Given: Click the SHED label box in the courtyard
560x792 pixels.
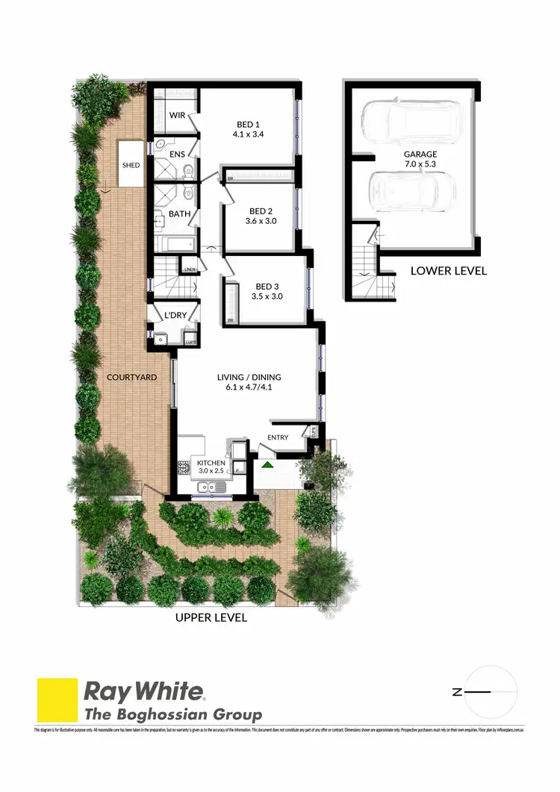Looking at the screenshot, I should [131, 165].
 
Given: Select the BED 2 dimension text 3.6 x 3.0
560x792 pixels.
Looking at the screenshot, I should [261, 221].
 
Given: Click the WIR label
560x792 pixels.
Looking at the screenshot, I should [177, 115].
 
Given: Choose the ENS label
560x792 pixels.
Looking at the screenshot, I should [177, 155].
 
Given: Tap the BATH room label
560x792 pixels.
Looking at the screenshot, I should [179, 214].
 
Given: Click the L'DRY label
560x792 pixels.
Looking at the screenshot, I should [174, 316].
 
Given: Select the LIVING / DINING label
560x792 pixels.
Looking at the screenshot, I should [249, 377].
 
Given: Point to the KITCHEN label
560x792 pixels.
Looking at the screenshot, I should [212, 463].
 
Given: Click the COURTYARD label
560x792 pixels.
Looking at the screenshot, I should [132, 377].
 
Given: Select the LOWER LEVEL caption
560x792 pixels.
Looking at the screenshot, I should [448, 271].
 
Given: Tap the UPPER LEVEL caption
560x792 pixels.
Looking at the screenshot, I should [211, 618].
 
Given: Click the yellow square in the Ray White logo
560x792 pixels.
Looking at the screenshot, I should [57, 700].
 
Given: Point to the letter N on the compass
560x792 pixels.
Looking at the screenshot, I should [457, 693].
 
